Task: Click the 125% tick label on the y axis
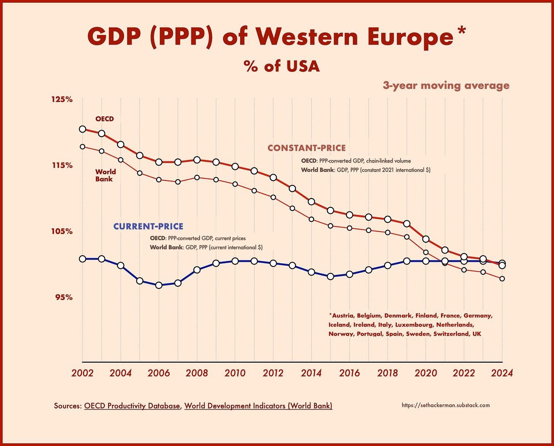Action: pyautogui.click(x=62, y=99)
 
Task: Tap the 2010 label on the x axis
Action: pyautogui.click(x=235, y=373)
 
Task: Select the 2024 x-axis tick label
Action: pyautogui.click(x=502, y=373)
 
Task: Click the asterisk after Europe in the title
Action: pyautogui.click(x=461, y=31)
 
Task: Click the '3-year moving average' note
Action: pyautogui.click(x=446, y=86)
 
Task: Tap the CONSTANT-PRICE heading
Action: pyautogui.click(x=306, y=148)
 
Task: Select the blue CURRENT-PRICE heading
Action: pyautogui.click(x=148, y=226)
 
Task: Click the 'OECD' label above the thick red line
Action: pyautogui.click(x=105, y=119)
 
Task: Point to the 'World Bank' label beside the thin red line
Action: pyautogui.click(x=105, y=175)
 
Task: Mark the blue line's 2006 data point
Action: pyautogui.click(x=159, y=285)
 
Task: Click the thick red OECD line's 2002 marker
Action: pyautogui.click(x=82, y=129)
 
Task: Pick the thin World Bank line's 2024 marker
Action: pyautogui.click(x=502, y=279)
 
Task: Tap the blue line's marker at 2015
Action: pyautogui.click(x=330, y=276)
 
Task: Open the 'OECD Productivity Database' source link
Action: pyautogui.click(x=132, y=406)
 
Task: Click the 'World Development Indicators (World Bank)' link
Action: pyautogui.click(x=258, y=406)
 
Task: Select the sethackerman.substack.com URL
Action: pyautogui.click(x=446, y=405)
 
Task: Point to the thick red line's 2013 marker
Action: pyautogui.click(x=292, y=188)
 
